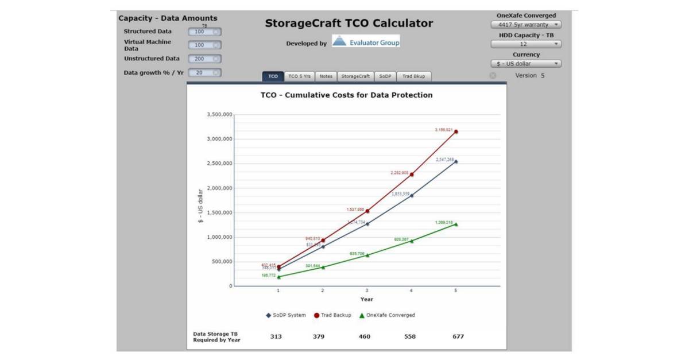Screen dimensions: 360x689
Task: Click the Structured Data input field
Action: click(x=204, y=32)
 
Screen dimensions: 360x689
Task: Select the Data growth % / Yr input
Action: click(x=204, y=73)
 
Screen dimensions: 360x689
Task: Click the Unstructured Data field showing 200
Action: click(x=204, y=59)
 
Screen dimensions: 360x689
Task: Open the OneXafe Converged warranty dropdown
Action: click(x=526, y=25)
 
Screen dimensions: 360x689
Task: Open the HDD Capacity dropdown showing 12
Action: click(x=526, y=44)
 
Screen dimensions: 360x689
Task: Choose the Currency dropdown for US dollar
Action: click(x=526, y=64)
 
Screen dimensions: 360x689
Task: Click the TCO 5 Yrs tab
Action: click(x=299, y=76)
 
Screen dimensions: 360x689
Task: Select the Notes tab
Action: click(x=326, y=76)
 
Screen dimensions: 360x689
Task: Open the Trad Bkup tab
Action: click(x=413, y=76)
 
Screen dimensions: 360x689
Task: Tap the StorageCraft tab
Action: click(x=355, y=76)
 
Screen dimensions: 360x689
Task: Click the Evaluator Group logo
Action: click(x=366, y=42)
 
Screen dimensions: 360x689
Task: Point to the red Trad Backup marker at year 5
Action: click(x=456, y=131)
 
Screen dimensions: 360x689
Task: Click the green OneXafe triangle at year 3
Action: click(x=367, y=255)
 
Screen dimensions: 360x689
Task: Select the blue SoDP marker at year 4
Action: click(x=412, y=196)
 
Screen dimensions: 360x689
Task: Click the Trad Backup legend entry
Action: click(x=333, y=315)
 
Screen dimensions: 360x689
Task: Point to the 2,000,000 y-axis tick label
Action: click(x=219, y=188)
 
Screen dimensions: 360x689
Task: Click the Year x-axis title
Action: click(x=367, y=299)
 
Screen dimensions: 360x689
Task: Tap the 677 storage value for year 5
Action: click(x=457, y=336)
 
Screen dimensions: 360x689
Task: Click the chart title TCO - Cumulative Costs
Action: click(x=346, y=95)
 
